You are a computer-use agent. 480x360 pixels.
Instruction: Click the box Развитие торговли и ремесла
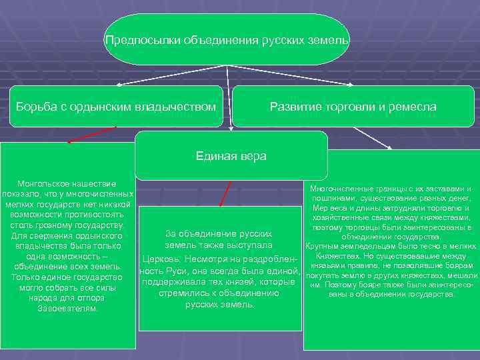pyautogui.click(x=353, y=107)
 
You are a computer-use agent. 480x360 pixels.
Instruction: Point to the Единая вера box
pyautogui.click(x=231, y=156)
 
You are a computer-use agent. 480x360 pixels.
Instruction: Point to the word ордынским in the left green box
pyautogui.click(x=103, y=107)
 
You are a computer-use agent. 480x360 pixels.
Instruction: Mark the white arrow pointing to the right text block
pyautogui.click(x=373, y=138)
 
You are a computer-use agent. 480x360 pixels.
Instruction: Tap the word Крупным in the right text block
pyautogui.click(x=321, y=246)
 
